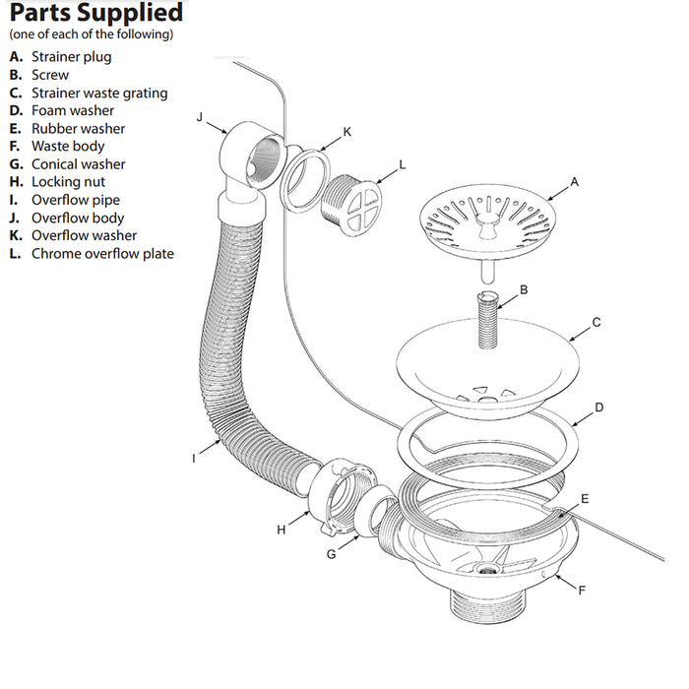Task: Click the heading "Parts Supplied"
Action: [x=96, y=14]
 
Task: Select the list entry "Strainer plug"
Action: [x=71, y=57]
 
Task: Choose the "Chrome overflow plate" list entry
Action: [x=102, y=253]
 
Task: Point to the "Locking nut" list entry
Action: [x=68, y=182]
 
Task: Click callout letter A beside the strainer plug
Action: [x=574, y=182]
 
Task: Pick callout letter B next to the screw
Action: [x=525, y=289]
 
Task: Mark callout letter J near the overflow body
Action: [x=199, y=117]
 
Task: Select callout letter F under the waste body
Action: [x=581, y=591]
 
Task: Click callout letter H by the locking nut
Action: [x=282, y=530]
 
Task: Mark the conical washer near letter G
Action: [x=375, y=520]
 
